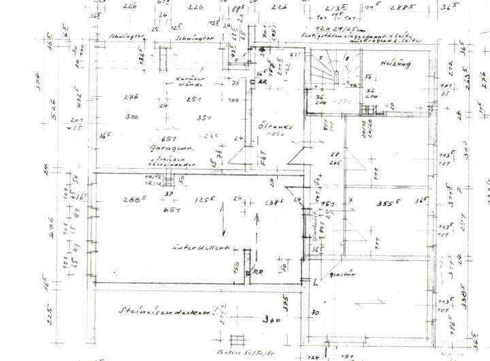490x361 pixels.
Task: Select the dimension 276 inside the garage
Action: point(131,97)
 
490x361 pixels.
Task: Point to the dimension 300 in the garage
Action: point(132,116)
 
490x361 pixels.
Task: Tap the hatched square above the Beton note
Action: point(237,340)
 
